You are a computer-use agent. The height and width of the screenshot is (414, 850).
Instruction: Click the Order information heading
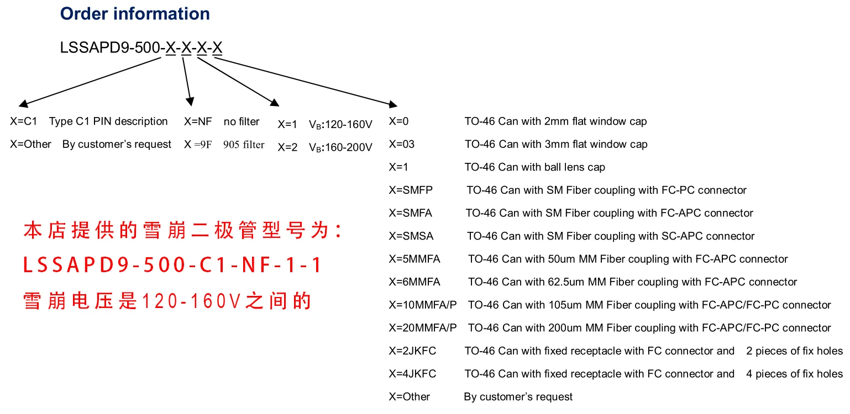coord(135,14)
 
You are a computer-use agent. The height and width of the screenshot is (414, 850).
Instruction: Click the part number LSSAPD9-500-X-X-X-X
coord(141,48)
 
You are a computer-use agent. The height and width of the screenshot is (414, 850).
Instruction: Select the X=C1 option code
coord(23,121)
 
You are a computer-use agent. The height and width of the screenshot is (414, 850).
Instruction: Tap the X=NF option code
coord(198,121)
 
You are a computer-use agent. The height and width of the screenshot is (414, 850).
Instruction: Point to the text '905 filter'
coord(244,145)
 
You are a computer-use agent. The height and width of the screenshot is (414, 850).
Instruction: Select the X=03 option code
coord(402,145)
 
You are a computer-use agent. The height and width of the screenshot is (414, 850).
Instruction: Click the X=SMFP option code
coord(411,190)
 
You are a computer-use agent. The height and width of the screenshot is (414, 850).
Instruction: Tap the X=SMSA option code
coord(411,236)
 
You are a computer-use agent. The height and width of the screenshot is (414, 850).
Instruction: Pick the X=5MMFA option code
coord(414,259)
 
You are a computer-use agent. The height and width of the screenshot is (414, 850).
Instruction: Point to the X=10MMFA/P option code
coord(423,305)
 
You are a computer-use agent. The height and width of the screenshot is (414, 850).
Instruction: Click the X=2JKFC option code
coord(412,351)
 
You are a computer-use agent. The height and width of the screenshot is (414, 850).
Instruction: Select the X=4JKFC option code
coord(412,374)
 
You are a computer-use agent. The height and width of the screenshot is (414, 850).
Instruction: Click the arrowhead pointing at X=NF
coord(190,102)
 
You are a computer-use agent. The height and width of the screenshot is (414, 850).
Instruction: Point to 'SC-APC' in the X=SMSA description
coord(679,236)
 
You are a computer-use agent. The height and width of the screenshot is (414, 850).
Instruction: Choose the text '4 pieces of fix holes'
coord(794,374)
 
